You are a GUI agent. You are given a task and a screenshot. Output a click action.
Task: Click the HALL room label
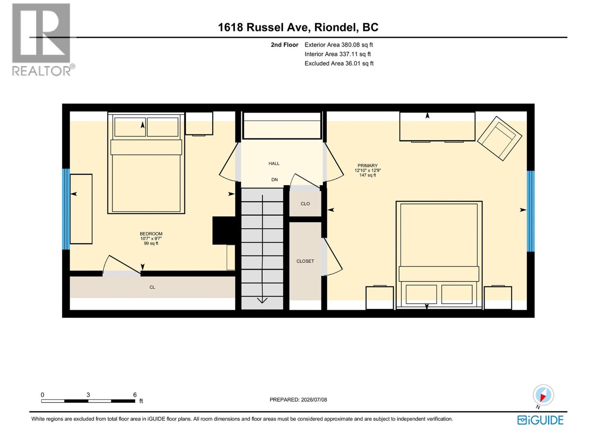(274, 164)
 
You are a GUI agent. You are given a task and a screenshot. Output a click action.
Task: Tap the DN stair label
(274, 180)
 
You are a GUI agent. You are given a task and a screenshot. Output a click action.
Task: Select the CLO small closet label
(305, 204)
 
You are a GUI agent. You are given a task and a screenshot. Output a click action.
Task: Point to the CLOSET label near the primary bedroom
(305, 261)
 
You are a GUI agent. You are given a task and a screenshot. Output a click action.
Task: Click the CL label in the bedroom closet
(152, 287)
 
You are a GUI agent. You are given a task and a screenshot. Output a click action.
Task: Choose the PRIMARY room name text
(368, 165)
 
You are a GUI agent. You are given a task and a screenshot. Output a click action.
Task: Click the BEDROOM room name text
(151, 234)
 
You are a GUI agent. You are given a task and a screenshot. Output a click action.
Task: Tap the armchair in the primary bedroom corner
(499, 139)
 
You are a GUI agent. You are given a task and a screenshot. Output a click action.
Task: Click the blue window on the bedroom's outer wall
(66, 209)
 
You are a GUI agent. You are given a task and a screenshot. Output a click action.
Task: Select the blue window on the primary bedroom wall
(531, 211)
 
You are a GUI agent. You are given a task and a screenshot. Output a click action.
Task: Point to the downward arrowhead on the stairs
(262, 300)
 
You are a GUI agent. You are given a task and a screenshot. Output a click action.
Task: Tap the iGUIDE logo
(540, 420)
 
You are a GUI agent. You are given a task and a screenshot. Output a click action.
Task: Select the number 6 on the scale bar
(135, 395)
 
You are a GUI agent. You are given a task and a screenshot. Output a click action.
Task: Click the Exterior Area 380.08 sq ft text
(339, 45)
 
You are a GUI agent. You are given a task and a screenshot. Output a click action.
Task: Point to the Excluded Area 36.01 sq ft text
(339, 63)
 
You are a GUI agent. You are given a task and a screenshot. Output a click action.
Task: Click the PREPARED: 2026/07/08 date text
(298, 399)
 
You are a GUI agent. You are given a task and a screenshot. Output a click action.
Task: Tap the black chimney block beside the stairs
(224, 230)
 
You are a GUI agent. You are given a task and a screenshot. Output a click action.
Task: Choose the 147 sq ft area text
(368, 175)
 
